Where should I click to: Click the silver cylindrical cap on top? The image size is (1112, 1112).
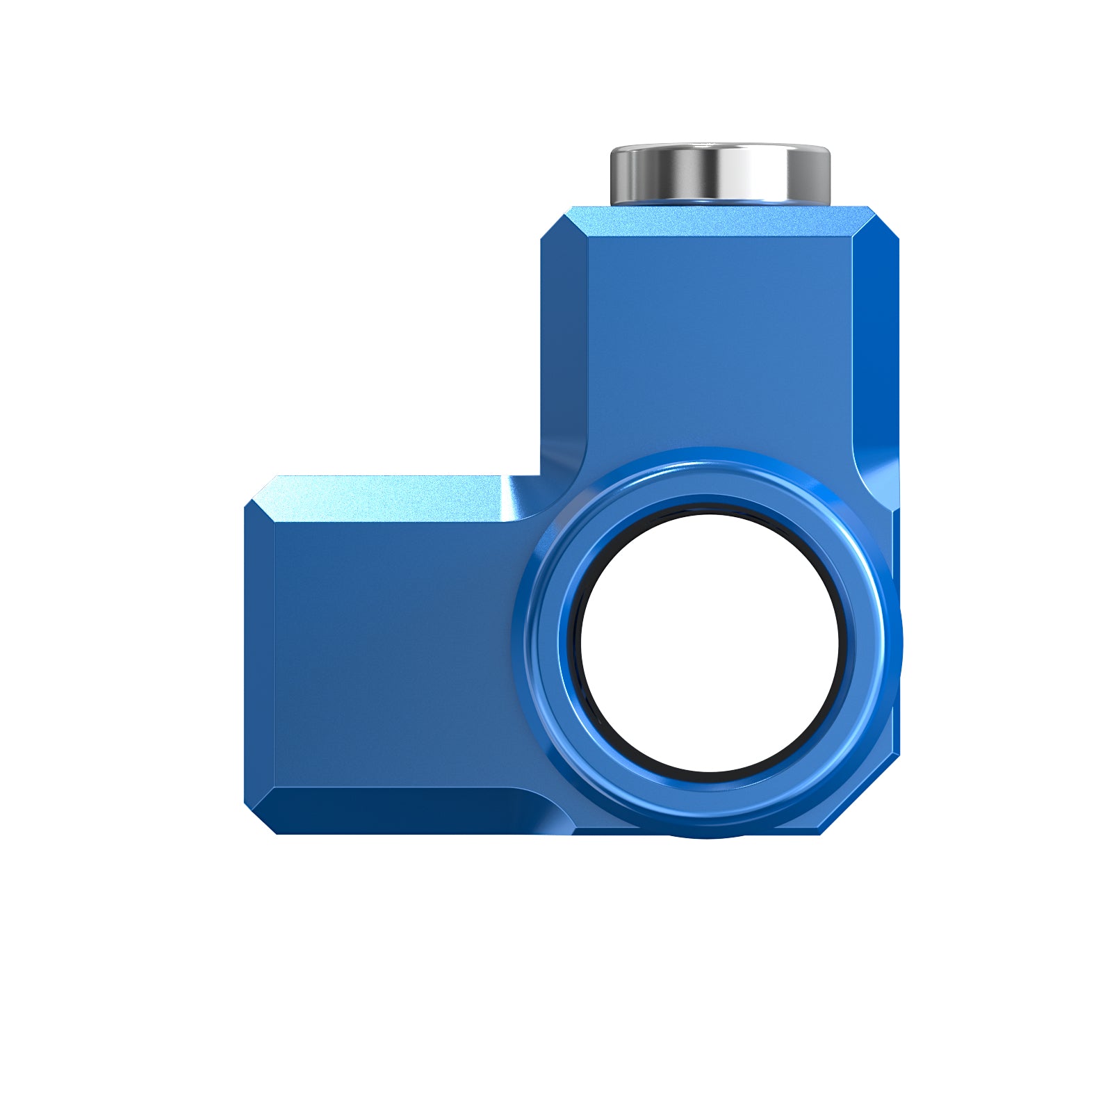pyautogui.click(x=720, y=174)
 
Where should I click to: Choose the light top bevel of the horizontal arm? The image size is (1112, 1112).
pyautogui.click(x=389, y=498)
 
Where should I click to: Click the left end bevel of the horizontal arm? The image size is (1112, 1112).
pyautogui.click(x=260, y=653)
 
